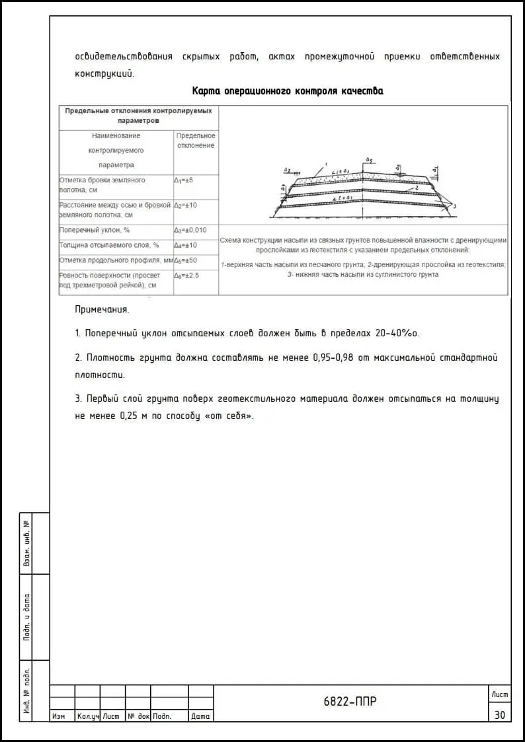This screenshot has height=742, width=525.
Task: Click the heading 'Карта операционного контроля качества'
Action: tap(287, 91)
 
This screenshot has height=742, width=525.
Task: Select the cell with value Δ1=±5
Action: tap(183, 180)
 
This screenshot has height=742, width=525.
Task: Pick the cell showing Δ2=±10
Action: tap(186, 205)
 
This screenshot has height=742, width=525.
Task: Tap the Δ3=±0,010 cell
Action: tap(190, 230)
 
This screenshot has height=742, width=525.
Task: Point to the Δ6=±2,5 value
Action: tap(186, 275)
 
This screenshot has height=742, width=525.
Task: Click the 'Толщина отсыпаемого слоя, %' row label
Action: tap(109, 245)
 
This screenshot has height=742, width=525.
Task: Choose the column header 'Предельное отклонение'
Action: tap(196, 140)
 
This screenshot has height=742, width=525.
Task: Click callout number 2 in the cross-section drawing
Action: tap(417, 188)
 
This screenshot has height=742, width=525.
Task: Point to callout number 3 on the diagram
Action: tap(454, 207)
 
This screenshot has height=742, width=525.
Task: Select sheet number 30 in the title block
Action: tap(499, 715)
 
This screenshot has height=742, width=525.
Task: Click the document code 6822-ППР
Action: tap(350, 702)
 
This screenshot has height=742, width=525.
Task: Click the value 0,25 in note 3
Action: tap(130, 416)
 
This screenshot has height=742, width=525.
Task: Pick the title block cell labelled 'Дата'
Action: tap(200, 716)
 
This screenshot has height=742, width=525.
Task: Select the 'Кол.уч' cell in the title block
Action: tap(87, 716)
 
